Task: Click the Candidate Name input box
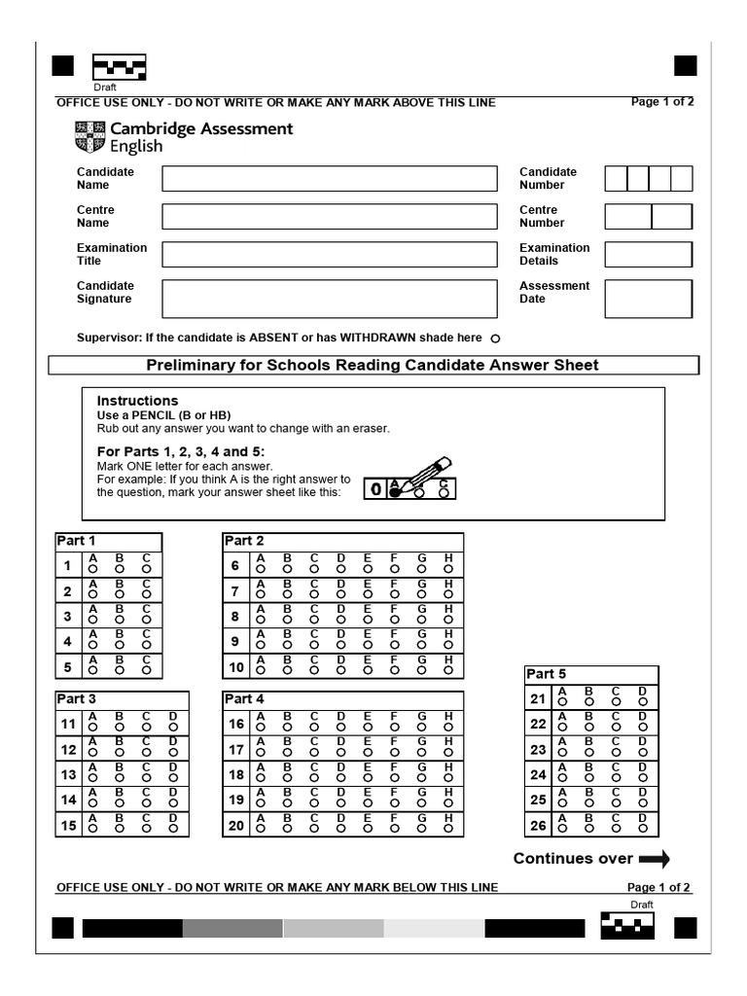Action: [329, 179]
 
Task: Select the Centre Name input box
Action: [329, 216]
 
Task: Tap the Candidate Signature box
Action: [329, 299]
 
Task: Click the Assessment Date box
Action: [648, 299]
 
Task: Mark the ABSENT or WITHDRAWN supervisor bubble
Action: [495, 338]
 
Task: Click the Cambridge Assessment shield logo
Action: [89, 137]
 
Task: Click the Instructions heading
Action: [137, 401]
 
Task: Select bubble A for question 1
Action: [94, 570]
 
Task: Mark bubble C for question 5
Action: [146, 671]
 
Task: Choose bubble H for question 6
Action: [448, 570]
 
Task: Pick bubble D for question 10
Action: [340, 671]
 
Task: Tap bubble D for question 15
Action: [172, 830]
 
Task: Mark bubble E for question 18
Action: [368, 779]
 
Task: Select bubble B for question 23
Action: [588, 755]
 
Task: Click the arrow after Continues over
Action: [655, 859]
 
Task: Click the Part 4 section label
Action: [244, 699]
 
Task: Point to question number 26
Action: [538, 826]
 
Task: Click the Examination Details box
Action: [648, 254]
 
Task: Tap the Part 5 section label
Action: [546, 674]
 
